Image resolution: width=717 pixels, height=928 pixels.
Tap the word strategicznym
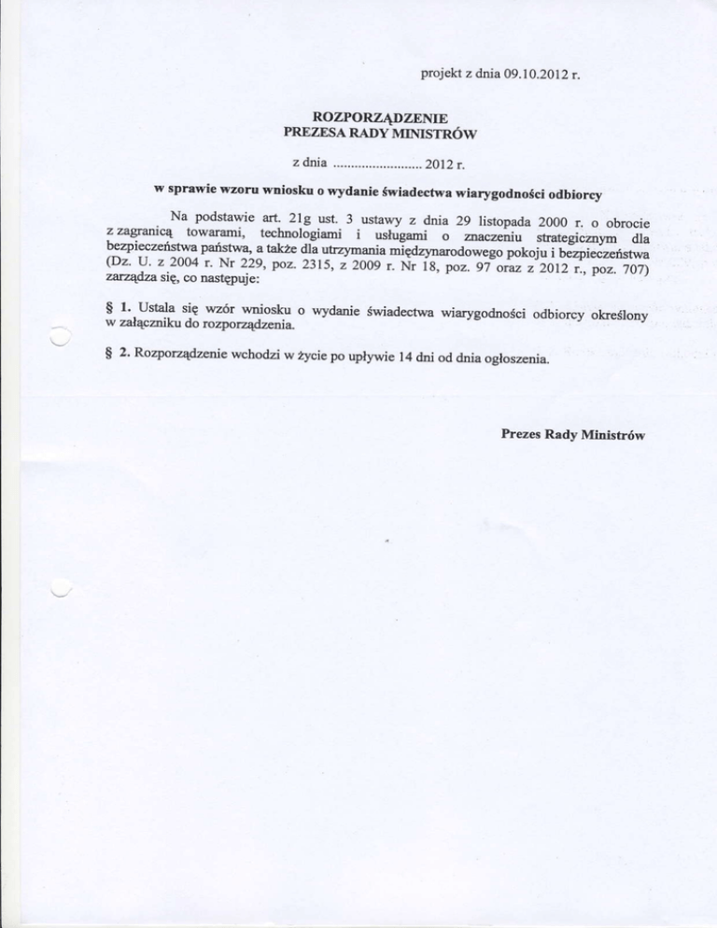(569, 241)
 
